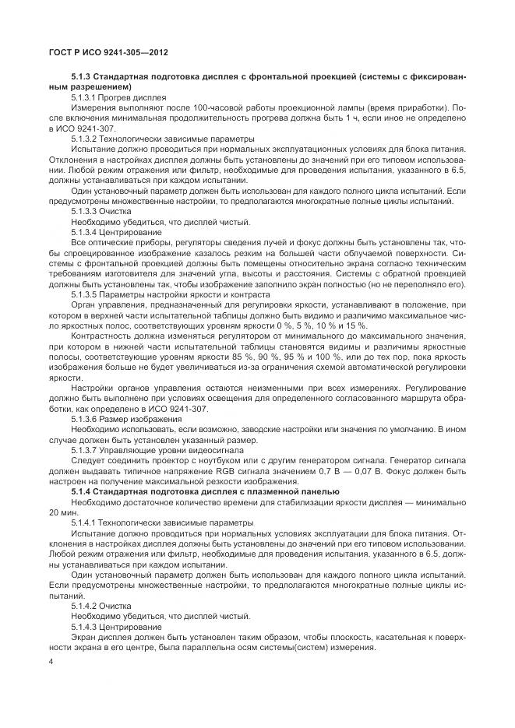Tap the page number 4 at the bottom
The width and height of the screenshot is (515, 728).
pos(51,662)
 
